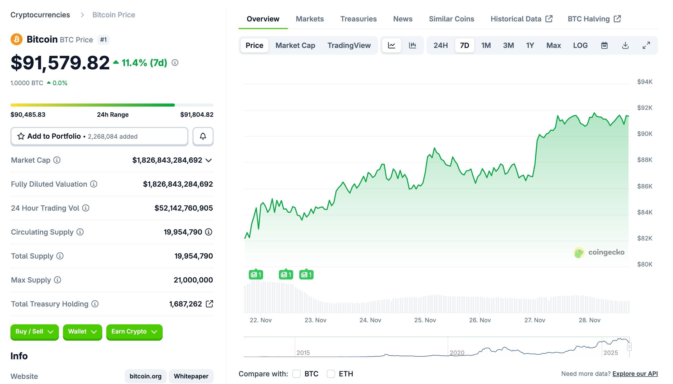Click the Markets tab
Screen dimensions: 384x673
pyautogui.click(x=309, y=19)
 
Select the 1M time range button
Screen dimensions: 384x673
pyautogui.click(x=486, y=45)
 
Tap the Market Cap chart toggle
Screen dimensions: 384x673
pyautogui.click(x=295, y=45)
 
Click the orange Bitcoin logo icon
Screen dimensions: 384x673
pyautogui.click(x=16, y=40)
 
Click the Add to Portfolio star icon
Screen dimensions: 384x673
pyautogui.click(x=21, y=136)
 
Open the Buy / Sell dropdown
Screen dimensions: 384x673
pyautogui.click(x=34, y=332)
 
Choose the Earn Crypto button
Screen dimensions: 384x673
pyautogui.click(x=134, y=332)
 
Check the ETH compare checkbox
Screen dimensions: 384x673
pyautogui.click(x=331, y=374)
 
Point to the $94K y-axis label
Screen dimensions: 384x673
pyautogui.click(x=644, y=82)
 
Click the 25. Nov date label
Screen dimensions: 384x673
pyautogui.click(x=425, y=320)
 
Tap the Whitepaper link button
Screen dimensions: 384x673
pyautogui.click(x=191, y=376)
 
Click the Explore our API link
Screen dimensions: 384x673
pyautogui.click(x=635, y=374)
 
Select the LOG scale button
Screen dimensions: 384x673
pyautogui.click(x=580, y=45)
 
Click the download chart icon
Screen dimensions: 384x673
pyautogui.click(x=625, y=45)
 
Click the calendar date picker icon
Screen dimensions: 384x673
pyautogui.click(x=604, y=45)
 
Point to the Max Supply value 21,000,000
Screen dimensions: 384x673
pyautogui.click(x=193, y=280)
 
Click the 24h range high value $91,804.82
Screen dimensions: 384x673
pyautogui.click(x=197, y=115)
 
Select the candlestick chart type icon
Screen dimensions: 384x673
pyautogui.click(x=412, y=45)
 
